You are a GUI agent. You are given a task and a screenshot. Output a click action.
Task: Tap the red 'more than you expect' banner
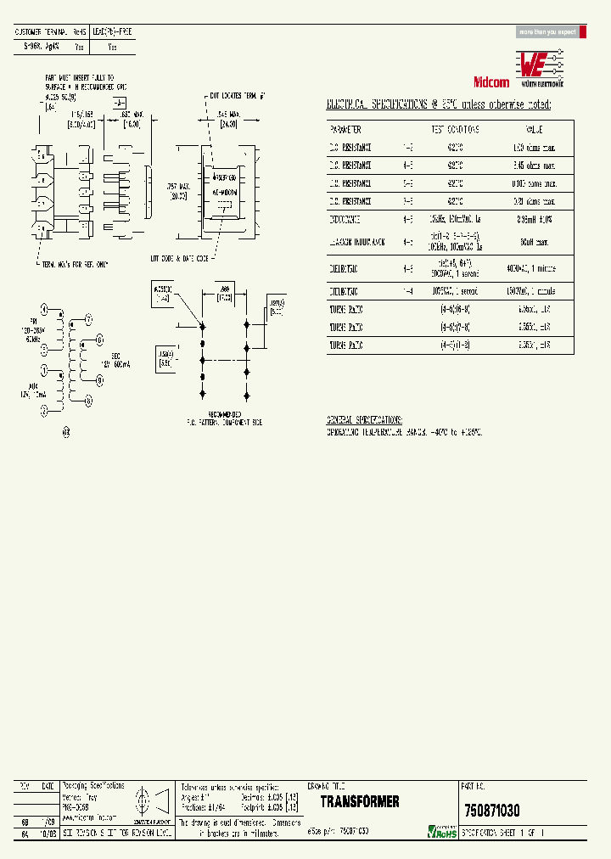pyautogui.click(x=547, y=32)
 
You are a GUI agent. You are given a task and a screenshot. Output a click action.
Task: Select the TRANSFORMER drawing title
pyautogui.click(x=360, y=801)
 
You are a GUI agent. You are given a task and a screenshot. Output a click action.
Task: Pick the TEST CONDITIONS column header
pyautogui.click(x=455, y=129)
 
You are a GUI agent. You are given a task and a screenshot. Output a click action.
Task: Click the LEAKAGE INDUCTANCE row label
pyautogui.click(x=356, y=241)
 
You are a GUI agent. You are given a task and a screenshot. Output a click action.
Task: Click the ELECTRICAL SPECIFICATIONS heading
pyautogui.click(x=440, y=104)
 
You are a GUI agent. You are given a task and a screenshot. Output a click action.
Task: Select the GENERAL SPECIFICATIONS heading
pyautogui.click(x=365, y=420)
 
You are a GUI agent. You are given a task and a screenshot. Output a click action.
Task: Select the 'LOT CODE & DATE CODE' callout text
pyautogui.click(x=181, y=257)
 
